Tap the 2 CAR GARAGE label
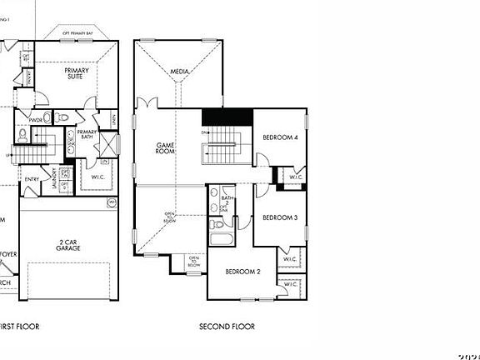68,245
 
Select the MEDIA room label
179,72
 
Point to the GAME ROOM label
164,148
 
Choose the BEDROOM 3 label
279,217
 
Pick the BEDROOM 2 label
244,272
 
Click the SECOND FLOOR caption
227,327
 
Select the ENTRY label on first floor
32,179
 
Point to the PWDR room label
35,119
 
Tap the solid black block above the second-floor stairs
226,119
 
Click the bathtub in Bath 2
222,242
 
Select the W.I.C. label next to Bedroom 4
295,177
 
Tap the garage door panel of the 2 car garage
68,282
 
